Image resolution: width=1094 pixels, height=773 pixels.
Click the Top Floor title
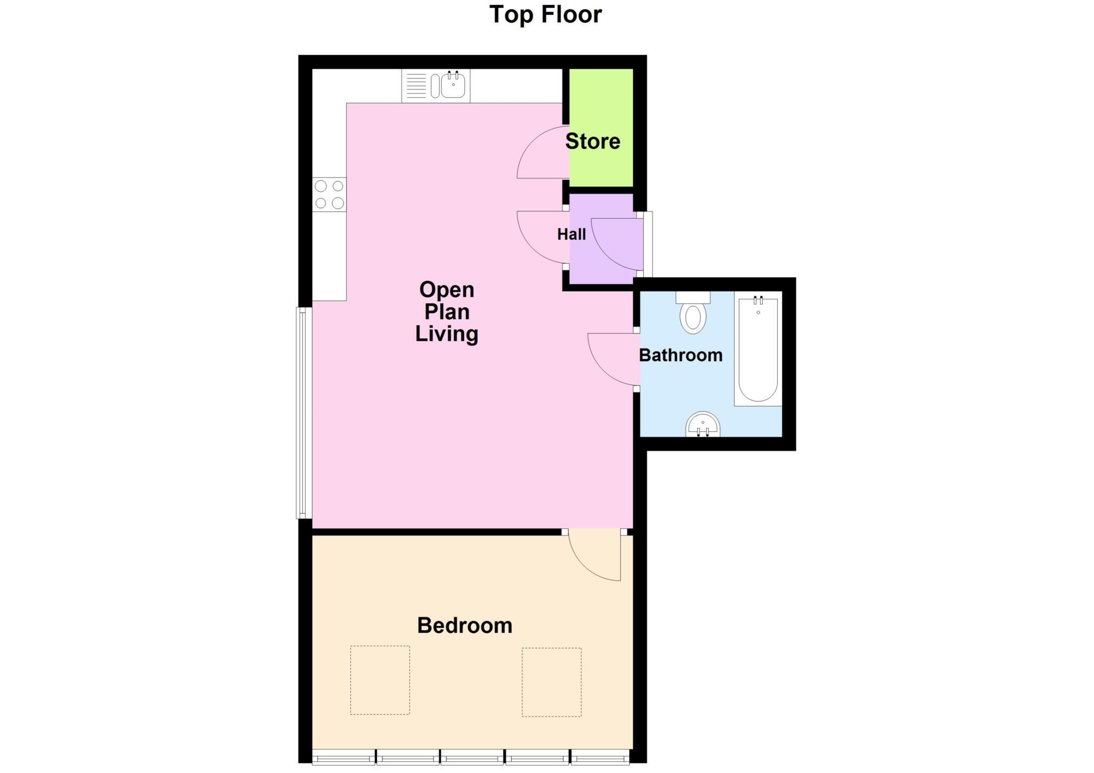(x=545, y=14)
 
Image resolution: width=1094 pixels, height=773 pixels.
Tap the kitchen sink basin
(x=453, y=86)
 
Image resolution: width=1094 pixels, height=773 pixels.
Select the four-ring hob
(x=329, y=194)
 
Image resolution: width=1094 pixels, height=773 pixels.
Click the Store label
(x=592, y=141)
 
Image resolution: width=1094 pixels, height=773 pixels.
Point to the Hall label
(x=571, y=234)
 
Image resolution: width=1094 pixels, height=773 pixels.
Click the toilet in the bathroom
(x=693, y=316)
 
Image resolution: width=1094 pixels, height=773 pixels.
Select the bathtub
(x=757, y=350)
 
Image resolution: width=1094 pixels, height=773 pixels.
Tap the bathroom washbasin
(x=703, y=425)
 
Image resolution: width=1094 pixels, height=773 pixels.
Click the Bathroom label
(x=681, y=355)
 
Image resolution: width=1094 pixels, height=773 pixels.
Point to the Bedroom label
(x=464, y=625)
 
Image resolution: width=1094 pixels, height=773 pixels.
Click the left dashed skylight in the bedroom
(x=380, y=680)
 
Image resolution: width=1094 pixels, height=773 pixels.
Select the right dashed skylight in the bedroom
(x=551, y=682)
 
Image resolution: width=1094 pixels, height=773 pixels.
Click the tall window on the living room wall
(x=303, y=413)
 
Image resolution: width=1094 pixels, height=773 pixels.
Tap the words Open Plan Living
(x=447, y=312)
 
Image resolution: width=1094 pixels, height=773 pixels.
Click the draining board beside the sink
(x=416, y=86)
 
